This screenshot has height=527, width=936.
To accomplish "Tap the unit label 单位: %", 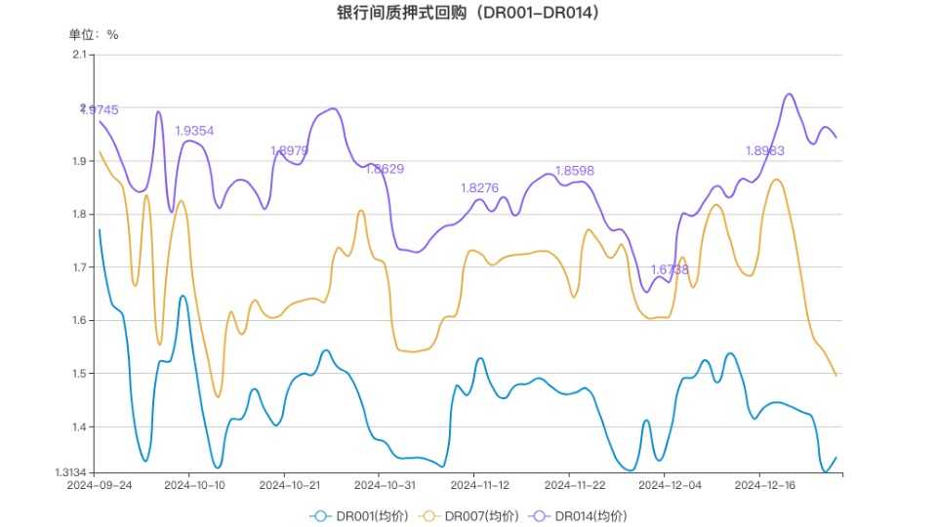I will (93, 34).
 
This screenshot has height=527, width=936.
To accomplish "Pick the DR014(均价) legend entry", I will (580, 515).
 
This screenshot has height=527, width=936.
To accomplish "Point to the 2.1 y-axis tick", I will (80, 55).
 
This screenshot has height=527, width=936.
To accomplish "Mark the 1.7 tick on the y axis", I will (80, 266).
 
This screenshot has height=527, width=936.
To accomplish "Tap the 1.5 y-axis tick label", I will (80, 373).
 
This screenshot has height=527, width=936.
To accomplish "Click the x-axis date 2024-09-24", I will (99, 485).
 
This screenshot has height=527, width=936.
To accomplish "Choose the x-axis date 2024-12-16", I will (764, 485).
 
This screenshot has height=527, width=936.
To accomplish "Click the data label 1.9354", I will (194, 131).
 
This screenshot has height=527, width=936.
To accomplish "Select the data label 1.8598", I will (574, 171).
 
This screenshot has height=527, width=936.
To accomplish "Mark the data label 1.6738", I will (670, 269).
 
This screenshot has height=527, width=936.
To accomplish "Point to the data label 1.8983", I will (764, 151).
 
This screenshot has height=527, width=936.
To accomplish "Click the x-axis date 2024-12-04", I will (670, 485).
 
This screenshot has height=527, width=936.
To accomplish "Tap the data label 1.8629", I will (385, 169).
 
